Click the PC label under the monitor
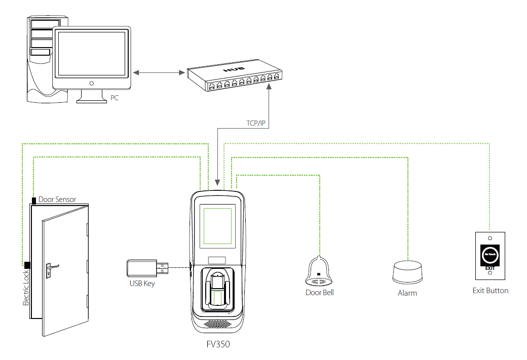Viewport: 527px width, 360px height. click(115, 98)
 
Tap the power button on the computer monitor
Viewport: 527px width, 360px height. click(91, 83)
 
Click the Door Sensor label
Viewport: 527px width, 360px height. click(57, 199)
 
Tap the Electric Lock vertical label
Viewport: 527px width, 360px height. click(26, 288)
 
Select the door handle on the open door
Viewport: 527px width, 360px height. click(51, 266)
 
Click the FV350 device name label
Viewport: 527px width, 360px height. click(218, 344)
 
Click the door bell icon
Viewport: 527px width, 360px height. click(319, 271)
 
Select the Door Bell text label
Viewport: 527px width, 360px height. click(319, 293)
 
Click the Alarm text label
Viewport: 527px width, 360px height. click(407, 293)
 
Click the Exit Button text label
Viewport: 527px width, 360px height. click(490, 291)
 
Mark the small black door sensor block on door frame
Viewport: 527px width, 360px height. click(34, 201)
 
